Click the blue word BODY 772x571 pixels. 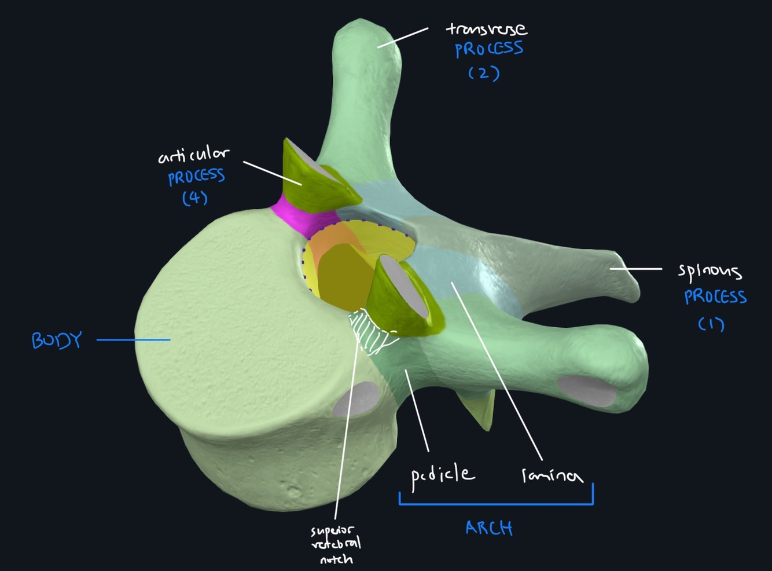click(x=57, y=340)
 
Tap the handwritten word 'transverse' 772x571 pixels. click(x=486, y=28)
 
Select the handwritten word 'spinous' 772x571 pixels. click(x=709, y=270)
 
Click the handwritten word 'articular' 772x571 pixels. click(x=193, y=155)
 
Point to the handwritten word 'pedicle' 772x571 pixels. click(x=443, y=476)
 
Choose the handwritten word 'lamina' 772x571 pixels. click(x=552, y=475)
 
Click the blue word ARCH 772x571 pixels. click(x=489, y=528)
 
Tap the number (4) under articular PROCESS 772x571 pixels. click(x=195, y=198)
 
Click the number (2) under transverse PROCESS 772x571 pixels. click(x=484, y=73)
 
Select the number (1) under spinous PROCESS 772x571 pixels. click(x=711, y=324)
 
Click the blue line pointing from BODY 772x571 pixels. click(x=133, y=340)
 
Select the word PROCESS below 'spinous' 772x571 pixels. click(x=715, y=297)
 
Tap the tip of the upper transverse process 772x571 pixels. click(x=368, y=35)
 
